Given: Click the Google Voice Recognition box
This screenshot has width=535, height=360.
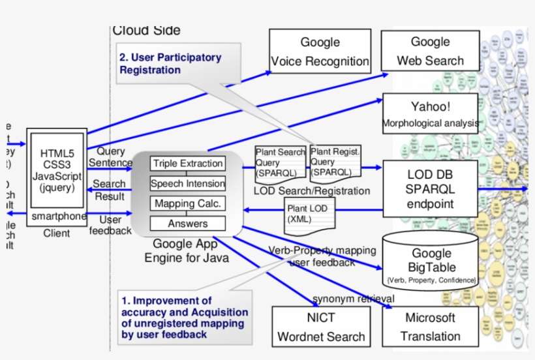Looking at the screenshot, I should click(320, 52).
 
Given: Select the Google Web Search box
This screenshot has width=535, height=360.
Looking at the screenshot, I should click(430, 51).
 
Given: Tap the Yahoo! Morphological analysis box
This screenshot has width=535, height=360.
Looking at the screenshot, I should click(431, 113).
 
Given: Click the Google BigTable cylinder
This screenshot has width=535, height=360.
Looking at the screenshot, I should click(431, 260).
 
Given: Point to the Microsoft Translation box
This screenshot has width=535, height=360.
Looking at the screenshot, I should click(430, 327).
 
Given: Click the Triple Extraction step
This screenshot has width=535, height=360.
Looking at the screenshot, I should click(188, 164).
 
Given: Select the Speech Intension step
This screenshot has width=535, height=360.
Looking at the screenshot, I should click(188, 183).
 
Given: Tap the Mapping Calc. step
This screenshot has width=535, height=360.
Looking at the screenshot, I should click(188, 203).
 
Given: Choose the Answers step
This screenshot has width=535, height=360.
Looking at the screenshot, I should click(188, 224).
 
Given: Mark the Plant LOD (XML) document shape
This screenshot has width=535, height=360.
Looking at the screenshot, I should click(307, 214).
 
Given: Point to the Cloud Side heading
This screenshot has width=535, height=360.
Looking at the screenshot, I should click(146, 30).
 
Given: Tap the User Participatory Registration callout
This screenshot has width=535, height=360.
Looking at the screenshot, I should click(171, 63).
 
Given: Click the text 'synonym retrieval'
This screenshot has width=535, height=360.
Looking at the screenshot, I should click(353, 299).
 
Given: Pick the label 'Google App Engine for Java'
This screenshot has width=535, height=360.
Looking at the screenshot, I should click(187, 251).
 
